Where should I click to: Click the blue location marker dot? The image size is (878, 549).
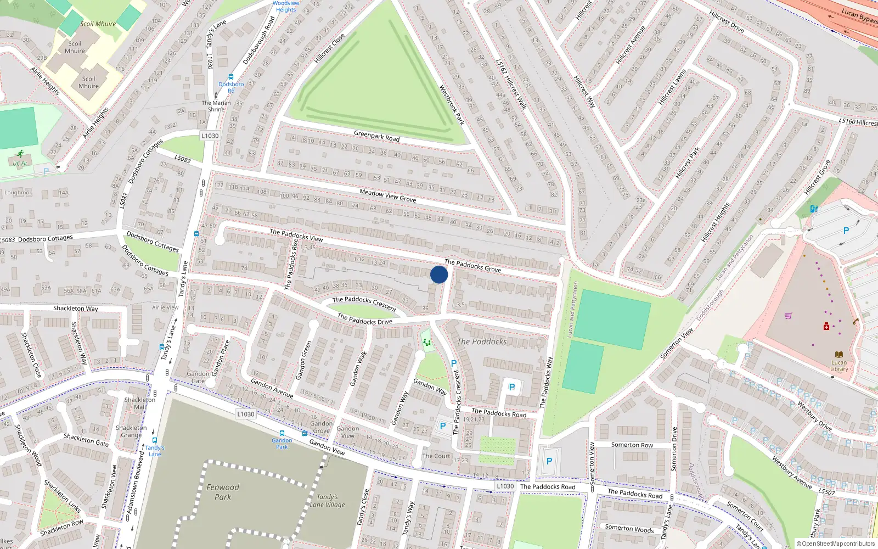[439, 274]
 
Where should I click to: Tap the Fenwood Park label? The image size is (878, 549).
[223, 492]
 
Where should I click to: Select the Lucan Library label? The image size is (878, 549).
[839, 365]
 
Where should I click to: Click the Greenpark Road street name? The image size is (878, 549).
[376, 136]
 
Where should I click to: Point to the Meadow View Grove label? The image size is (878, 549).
[387, 195]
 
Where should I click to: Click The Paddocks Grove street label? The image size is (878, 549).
[472, 266]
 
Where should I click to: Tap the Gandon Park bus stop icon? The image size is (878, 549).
[282, 433]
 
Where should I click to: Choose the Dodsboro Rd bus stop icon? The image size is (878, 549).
[230, 77]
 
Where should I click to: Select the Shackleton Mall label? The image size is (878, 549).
[140, 403]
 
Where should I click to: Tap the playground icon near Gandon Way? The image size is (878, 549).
[426, 343]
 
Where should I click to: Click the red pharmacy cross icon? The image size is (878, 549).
[826, 326]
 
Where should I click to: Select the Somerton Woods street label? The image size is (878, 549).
[629, 529]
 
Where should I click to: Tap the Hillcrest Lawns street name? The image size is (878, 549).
[672, 87]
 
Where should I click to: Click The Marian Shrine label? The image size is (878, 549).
[216, 106]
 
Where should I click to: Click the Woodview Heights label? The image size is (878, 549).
[286, 6]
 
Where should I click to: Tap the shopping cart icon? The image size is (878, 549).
[789, 316]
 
